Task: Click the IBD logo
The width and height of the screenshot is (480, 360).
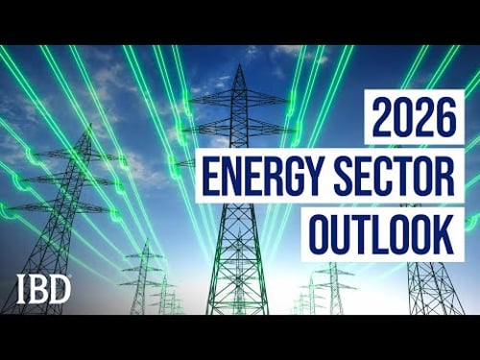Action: [42, 287]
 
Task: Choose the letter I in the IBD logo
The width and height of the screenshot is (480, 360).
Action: [22, 287]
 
